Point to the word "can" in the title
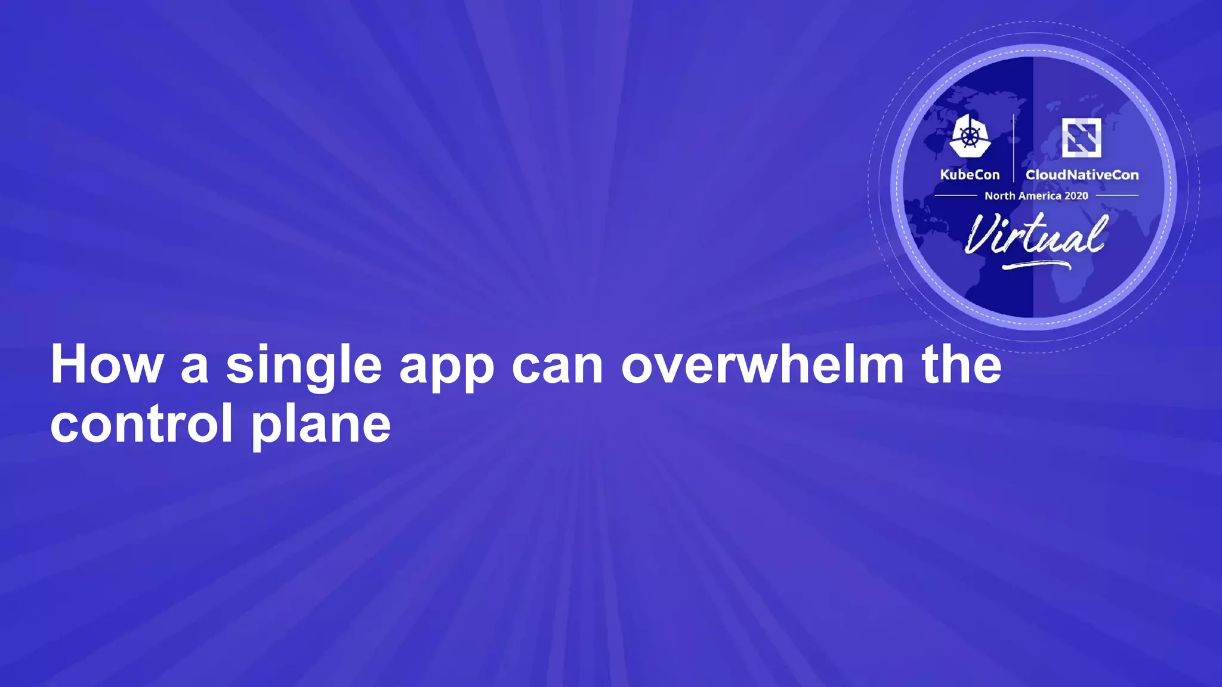pyautogui.click(x=557, y=365)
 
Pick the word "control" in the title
pyautogui.click(x=141, y=423)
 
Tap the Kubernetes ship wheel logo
pyautogui.click(x=970, y=137)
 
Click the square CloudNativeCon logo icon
pyautogui.click(x=1081, y=137)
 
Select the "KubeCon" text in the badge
pyautogui.click(x=970, y=175)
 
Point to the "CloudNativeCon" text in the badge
pyautogui.click(x=1082, y=175)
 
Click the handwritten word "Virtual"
pyautogui.click(x=1036, y=234)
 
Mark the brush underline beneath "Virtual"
pyautogui.click(x=1036, y=264)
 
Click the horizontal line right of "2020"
pyautogui.click(x=1116, y=195)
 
